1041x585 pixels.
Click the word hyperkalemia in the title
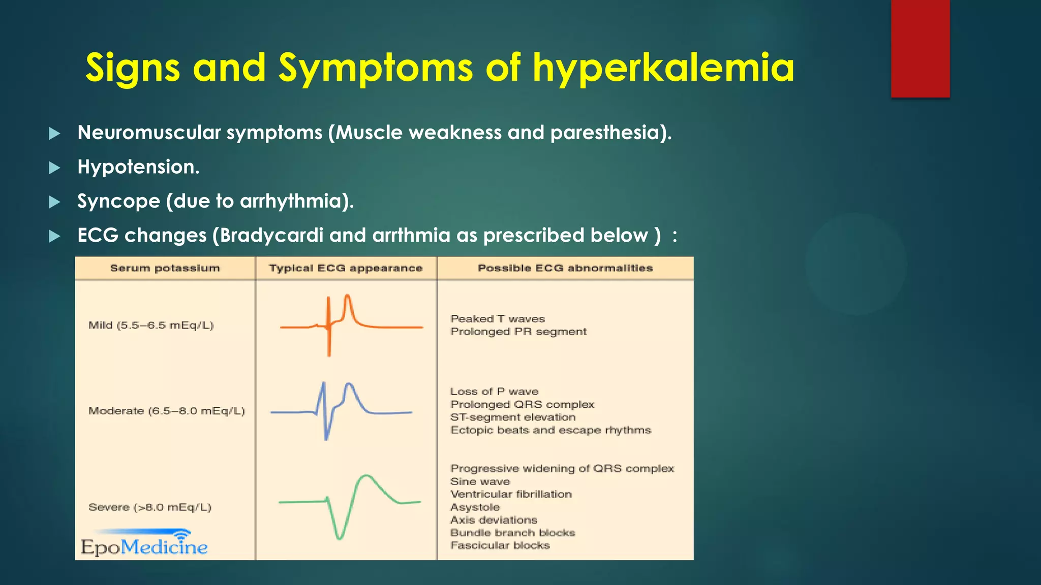pos(663,68)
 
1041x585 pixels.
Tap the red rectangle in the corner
pos(920,48)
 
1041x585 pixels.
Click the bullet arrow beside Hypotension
pos(54,168)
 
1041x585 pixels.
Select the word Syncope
pos(118,201)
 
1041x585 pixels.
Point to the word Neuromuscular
pos(149,133)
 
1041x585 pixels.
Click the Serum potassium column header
pos(165,268)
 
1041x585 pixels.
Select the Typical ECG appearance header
pos(346,268)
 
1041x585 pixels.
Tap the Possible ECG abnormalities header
pos(565,268)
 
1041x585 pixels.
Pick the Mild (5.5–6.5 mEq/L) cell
pos(151,326)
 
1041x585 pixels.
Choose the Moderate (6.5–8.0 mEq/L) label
pos(166,411)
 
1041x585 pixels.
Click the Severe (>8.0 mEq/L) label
pos(149,507)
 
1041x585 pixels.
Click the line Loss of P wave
pos(494,392)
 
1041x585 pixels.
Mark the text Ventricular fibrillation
pos(511,494)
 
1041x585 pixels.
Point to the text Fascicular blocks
pos(500,545)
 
